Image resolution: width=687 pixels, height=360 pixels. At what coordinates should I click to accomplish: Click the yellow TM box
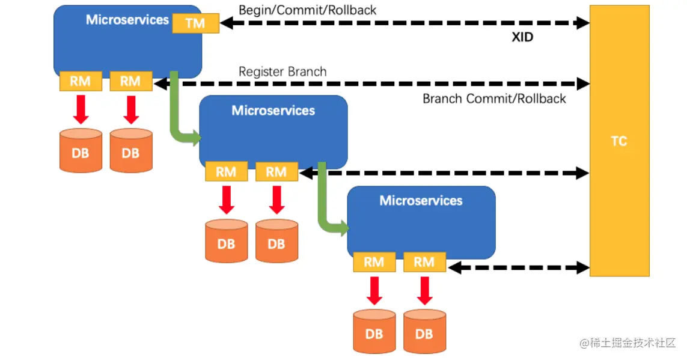pos(195,23)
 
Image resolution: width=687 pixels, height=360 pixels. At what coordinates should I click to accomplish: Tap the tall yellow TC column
pos(619,141)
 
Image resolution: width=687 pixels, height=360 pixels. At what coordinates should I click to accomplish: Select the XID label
pos(522,37)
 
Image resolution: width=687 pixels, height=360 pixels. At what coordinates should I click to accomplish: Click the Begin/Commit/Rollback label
pos(307,10)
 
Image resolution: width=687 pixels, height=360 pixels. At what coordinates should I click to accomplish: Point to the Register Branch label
pos(282,72)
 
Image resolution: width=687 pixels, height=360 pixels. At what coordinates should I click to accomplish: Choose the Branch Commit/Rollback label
pos(494,99)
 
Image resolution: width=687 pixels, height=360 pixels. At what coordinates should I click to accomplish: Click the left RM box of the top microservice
pos(80,81)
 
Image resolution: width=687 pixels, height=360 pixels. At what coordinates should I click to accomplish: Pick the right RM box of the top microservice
pos(130,81)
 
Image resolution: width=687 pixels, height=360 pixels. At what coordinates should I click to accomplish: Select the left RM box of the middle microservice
pos(226,172)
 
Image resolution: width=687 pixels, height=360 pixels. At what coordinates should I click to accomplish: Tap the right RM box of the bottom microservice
pos(424,261)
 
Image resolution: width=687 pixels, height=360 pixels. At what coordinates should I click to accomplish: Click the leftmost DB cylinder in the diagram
pos(80,150)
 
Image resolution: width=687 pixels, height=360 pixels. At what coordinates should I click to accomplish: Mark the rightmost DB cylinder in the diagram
pos(424,331)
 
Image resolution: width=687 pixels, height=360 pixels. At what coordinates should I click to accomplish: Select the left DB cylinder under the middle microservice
pos(226,241)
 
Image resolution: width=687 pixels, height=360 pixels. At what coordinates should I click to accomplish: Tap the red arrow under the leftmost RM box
pos(80,109)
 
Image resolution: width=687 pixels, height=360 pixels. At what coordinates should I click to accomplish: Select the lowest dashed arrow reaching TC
pos(517,267)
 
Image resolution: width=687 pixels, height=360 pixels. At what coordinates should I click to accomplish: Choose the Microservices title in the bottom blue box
pos(421,201)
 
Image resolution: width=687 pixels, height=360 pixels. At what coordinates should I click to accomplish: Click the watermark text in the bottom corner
pos(627,343)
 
